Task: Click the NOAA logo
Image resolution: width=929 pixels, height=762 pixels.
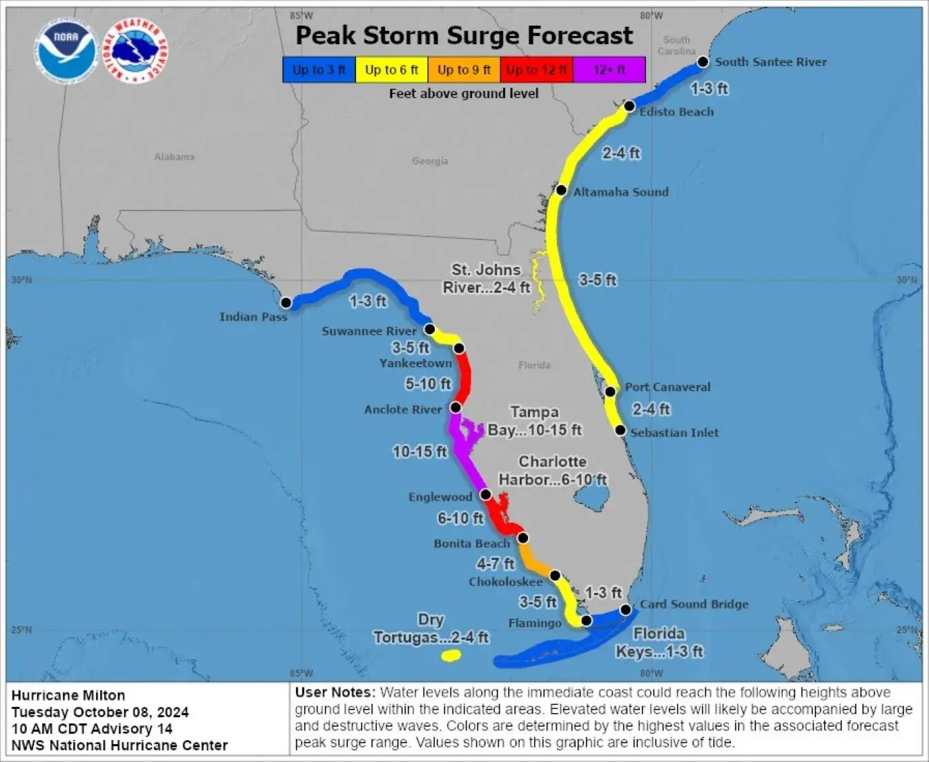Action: (x=66, y=50)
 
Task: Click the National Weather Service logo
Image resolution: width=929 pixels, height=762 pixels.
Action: (x=135, y=50)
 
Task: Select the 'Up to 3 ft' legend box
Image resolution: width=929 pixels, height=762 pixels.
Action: (x=319, y=70)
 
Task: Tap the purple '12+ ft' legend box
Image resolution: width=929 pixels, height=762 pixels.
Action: (x=609, y=70)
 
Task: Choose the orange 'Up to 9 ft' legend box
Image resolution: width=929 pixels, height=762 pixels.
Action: (x=464, y=70)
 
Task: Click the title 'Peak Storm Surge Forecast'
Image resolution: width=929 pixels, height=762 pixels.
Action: (x=464, y=35)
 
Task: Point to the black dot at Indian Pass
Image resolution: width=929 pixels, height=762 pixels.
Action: (x=286, y=302)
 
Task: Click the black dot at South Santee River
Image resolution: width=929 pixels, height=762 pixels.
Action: (x=703, y=62)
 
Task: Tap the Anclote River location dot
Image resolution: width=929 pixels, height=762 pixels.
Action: (x=456, y=408)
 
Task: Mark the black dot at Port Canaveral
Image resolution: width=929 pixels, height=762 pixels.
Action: (x=610, y=392)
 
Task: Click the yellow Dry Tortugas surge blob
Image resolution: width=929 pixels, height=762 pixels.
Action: (x=451, y=655)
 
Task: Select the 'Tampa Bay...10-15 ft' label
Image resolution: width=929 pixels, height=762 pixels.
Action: (x=534, y=421)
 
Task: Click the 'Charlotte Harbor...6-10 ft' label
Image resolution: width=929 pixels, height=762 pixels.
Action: (x=552, y=471)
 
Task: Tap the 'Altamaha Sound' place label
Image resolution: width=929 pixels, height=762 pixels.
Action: (x=620, y=192)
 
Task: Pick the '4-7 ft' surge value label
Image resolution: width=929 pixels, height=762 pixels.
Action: (x=496, y=564)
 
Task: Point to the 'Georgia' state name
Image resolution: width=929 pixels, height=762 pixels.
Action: (x=430, y=161)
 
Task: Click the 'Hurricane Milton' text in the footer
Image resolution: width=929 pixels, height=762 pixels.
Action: (x=68, y=695)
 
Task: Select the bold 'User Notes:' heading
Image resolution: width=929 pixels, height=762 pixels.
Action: (x=335, y=692)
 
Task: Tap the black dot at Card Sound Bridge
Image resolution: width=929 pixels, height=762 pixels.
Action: (x=625, y=609)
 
